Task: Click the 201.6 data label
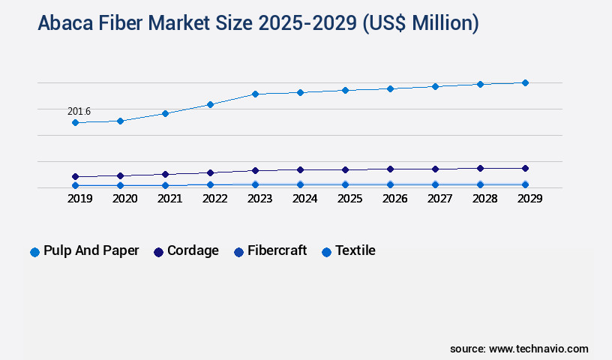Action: [x=79, y=112]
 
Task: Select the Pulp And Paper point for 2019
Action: [x=75, y=122]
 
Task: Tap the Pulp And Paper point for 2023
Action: [x=255, y=94]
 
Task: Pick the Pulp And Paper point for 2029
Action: [x=525, y=82]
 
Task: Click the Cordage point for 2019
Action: [x=75, y=177]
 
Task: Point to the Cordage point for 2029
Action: [x=525, y=168]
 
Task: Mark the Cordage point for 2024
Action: [x=300, y=169]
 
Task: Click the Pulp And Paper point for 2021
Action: [x=165, y=113]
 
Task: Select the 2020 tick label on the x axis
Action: [x=124, y=199]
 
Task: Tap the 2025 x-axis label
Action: [x=349, y=199]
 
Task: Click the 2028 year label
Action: [x=484, y=199]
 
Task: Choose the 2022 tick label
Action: [x=214, y=199]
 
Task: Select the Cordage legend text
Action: [x=193, y=250]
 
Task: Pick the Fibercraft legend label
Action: [x=277, y=250]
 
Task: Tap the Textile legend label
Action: [x=355, y=250]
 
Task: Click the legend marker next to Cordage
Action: [x=158, y=252]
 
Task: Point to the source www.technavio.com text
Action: [x=519, y=349]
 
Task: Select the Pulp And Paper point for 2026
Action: [x=390, y=88]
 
